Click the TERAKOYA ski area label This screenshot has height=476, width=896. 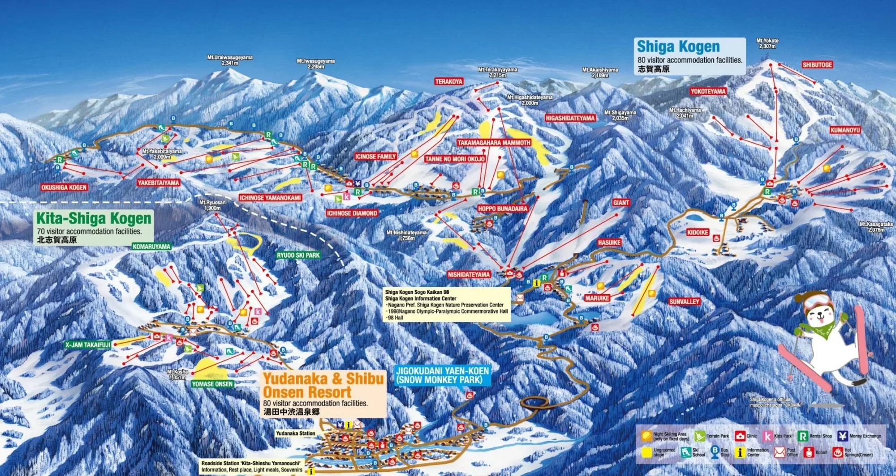point(448,81)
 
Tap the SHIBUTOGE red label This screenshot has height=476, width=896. point(817,65)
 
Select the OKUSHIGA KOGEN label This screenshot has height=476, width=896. point(64,187)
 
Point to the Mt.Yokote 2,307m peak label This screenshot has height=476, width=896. point(767,43)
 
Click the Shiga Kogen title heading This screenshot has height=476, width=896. point(678,47)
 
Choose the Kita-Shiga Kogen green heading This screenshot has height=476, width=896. point(94,218)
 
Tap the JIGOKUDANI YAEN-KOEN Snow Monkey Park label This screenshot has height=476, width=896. point(442,375)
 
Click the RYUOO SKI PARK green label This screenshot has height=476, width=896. point(298,255)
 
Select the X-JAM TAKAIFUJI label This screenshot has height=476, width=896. point(87,345)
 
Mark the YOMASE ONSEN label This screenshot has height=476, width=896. point(212,384)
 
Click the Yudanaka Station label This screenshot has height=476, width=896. point(295,433)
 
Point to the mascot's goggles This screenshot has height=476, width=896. point(818,301)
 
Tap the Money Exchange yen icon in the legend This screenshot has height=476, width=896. point(843,436)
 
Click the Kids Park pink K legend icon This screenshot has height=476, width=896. point(768,436)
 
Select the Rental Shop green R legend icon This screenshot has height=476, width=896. point(803,436)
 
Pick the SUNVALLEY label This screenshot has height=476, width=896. point(684,302)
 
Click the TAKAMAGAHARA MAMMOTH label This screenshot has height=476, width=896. point(494,143)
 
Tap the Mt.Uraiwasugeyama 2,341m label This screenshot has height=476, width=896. point(230,60)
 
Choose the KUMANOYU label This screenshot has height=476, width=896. point(845,130)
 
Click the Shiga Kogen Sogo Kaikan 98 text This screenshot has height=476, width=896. point(417,292)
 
